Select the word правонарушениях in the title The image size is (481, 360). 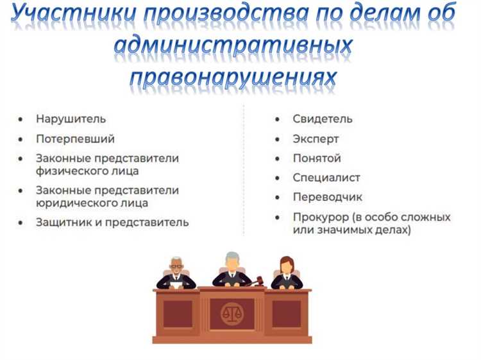click(x=233, y=78)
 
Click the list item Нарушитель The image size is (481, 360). click(x=71, y=119)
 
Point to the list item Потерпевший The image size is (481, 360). click(x=75, y=139)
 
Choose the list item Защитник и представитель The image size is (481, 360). click(x=112, y=223)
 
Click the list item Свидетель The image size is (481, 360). click(x=323, y=119)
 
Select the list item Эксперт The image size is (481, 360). click(x=316, y=139)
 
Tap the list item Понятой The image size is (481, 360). click(x=317, y=159)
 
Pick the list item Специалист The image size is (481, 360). click(x=326, y=178)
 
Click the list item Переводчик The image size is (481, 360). click(x=328, y=198)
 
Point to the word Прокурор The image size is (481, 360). click(x=321, y=217)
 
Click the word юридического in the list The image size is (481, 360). click(x=71, y=203)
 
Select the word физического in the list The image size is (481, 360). click(x=68, y=171)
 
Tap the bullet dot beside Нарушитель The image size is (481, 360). click(x=22, y=120)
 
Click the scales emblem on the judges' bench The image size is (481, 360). click(x=232, y=314)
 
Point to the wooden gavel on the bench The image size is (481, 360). click(x=259, y=280)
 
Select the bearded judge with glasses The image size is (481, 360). click(x=176, y=273)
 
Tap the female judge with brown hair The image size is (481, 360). click(x=287, y=272)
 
